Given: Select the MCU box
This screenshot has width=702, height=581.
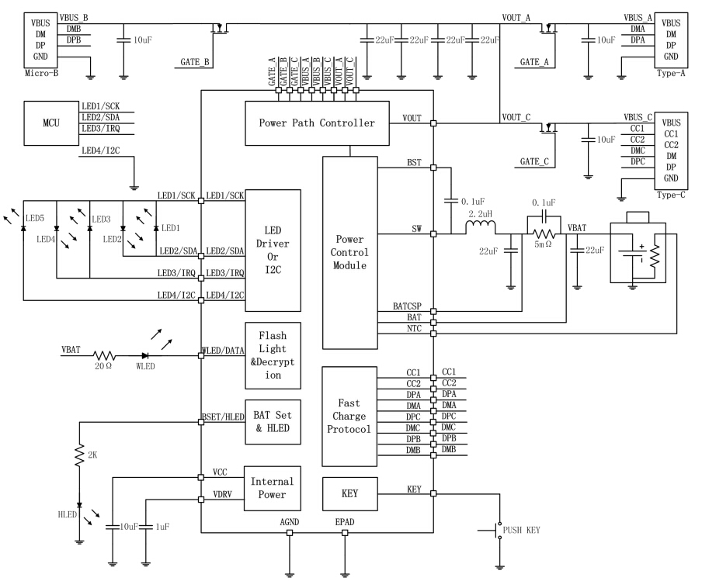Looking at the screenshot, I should click(x=50, y=123).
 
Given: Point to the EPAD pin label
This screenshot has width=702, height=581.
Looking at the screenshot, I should click(x=345, y=522).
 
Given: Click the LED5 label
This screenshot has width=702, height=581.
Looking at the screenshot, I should click(x=36, y=218).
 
